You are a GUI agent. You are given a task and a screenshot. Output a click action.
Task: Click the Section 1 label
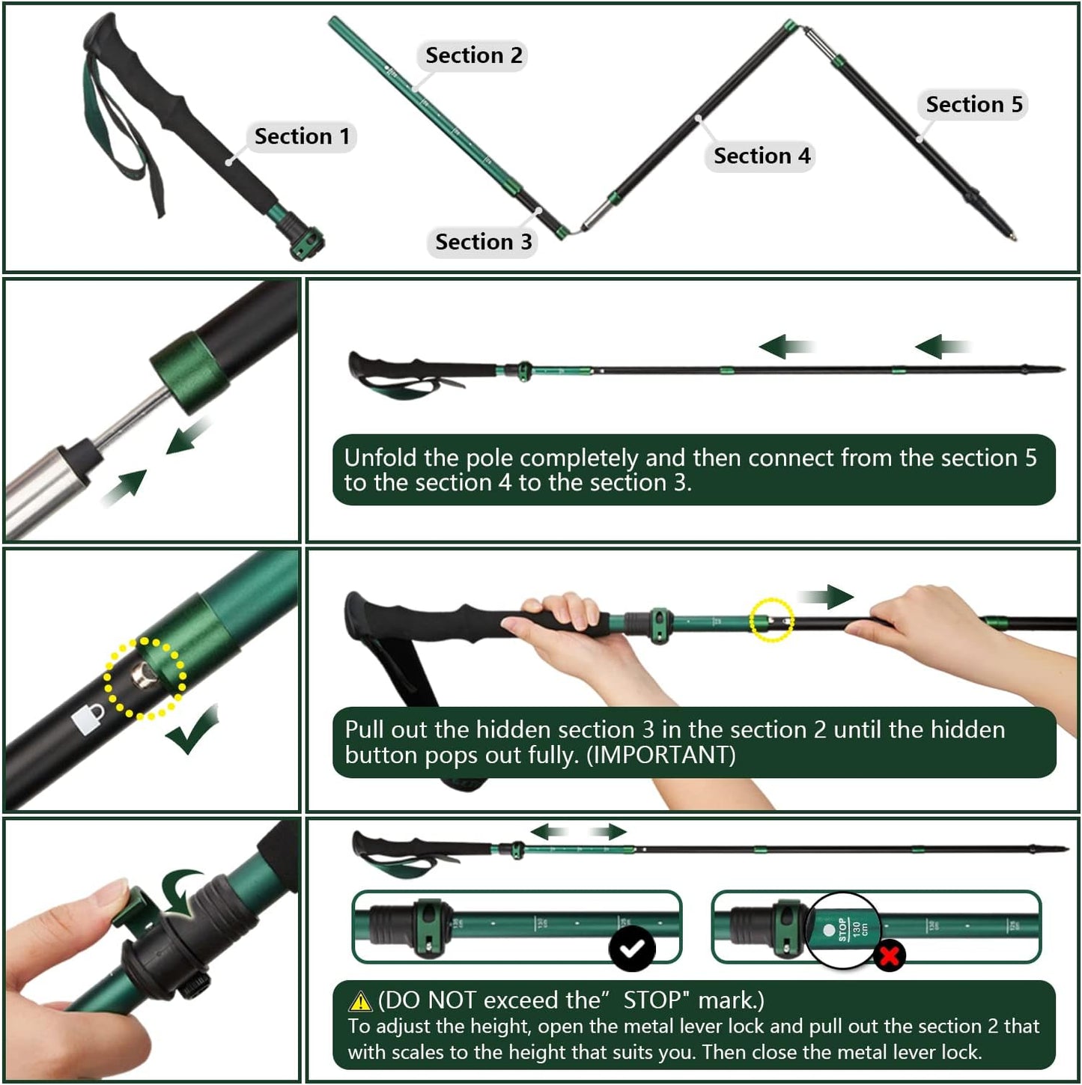[x=302, y=136]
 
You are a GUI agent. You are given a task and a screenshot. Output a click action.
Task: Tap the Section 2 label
[x=473, y=55]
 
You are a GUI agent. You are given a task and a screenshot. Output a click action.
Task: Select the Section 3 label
[x=483, y=242]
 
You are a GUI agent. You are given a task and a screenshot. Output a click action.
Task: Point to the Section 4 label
[x=762, y=156]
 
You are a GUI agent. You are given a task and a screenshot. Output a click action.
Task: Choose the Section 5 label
[x=973, y=104]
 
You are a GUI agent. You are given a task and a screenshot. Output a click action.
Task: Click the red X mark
[x=889, y=956]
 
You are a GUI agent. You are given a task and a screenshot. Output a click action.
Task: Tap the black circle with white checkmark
[x=632, y=949]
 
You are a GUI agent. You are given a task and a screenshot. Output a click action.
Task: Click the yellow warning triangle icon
[x=360, y=1001]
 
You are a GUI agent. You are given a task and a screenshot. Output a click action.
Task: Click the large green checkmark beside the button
[x=193, y=731]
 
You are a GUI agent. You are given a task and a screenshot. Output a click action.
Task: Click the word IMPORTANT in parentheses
[x=660, y=755]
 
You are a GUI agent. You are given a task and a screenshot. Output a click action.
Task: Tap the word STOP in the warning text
[x=651, y=1000]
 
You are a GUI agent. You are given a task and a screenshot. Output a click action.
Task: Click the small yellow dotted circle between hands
[x=771, y=620]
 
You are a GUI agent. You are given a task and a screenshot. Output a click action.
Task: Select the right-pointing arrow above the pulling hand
[x=826, y=597]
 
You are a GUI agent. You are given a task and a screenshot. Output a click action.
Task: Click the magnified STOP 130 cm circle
[x=843, y=931]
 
